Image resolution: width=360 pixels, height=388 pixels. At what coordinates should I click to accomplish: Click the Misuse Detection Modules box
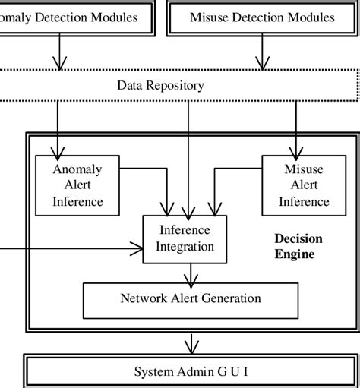coord(262,18)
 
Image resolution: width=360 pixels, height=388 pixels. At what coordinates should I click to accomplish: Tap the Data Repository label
coord(160,85)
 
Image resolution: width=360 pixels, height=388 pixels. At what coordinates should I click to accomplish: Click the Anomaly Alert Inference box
coord(77,185)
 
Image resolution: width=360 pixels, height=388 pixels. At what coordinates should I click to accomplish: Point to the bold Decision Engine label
coord(298,246)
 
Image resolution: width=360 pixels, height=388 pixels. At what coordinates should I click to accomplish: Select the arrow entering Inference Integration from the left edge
coord(76,247)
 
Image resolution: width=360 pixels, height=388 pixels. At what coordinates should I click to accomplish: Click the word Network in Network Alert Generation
coord(143,298)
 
